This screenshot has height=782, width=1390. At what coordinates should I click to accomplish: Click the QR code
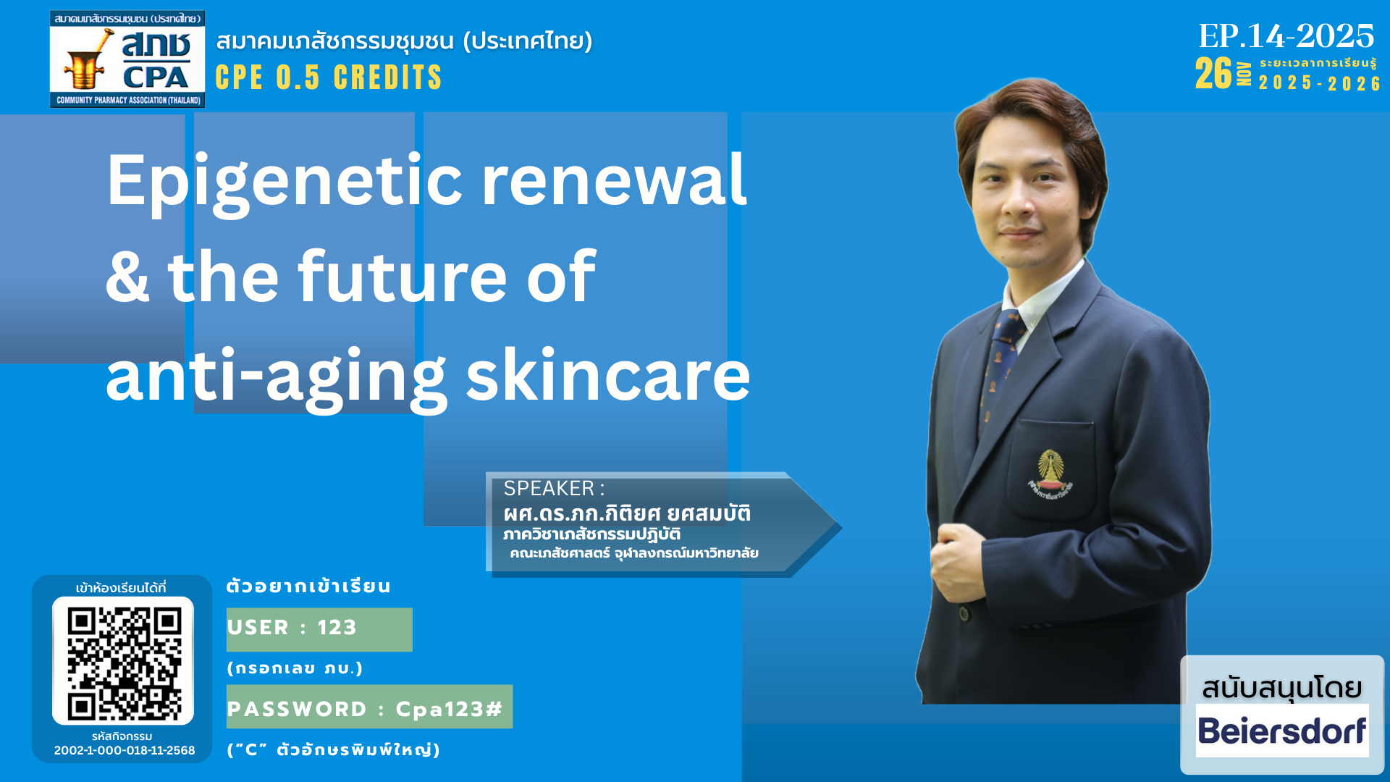[123, 660]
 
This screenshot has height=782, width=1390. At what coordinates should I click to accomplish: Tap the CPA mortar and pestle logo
[127, 59]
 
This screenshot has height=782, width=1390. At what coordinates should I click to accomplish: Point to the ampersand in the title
[127, 277]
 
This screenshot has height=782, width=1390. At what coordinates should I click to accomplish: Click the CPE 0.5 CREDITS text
[329, 77]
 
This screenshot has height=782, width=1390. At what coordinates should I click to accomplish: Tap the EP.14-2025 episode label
[1286, 35]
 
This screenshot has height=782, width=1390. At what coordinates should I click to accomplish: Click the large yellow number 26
[1213, 73]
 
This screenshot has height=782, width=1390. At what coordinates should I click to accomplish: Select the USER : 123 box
[319, 629]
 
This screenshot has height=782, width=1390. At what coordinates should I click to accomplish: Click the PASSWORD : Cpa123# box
[369, 707]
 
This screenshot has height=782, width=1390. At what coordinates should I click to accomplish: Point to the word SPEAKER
[549, 489]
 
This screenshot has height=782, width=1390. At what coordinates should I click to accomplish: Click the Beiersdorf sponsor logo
[1282, 731]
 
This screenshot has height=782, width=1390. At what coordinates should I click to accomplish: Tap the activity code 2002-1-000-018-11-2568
[125, 750]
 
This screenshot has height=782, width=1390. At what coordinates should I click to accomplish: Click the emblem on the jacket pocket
[1050, 475]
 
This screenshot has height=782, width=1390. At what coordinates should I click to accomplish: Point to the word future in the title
[403, 277]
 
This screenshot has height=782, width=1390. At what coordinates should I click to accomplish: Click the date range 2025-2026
[1319, 83]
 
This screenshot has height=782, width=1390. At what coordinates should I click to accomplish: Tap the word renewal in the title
[614, 181]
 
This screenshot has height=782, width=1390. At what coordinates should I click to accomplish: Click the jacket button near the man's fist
[964, 613]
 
